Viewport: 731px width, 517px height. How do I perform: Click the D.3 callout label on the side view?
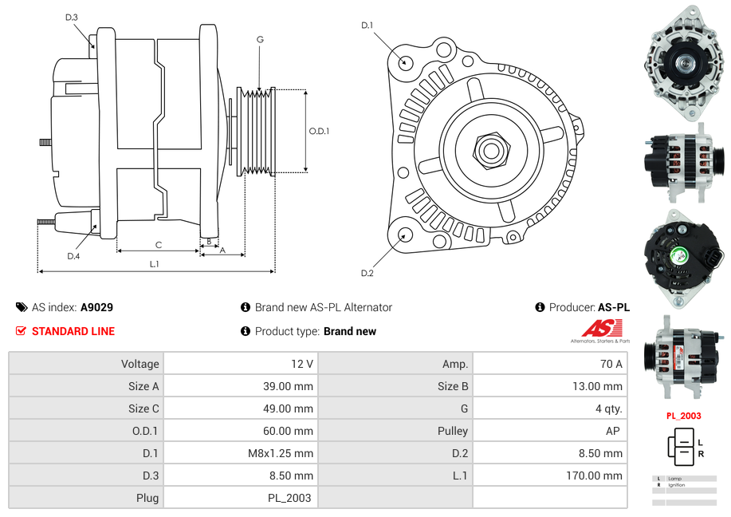point(72,18)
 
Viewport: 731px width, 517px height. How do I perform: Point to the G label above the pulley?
point(260,39)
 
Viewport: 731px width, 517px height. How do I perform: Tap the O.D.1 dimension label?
point(319,131)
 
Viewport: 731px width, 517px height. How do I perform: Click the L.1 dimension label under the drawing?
point(154,263)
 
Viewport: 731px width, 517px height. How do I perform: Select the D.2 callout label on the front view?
point(367,274)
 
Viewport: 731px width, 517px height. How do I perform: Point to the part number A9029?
point(96,307)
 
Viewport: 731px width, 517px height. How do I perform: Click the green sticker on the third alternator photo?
point(679,256)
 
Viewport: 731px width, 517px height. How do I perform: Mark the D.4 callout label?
point(73,256)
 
